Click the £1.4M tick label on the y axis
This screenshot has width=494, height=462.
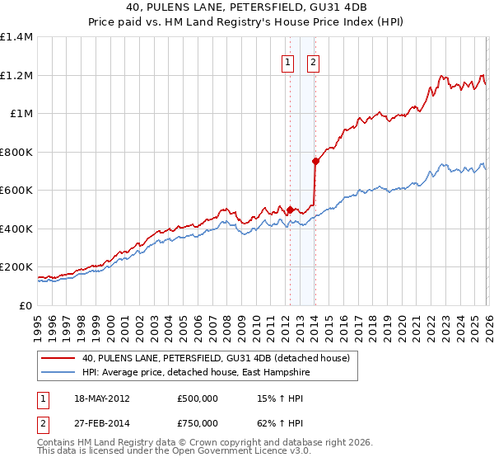(16, 37)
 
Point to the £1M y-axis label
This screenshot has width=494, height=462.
(21, 114)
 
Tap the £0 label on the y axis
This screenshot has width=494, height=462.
(26, 305)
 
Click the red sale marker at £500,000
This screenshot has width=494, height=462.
(290, 210)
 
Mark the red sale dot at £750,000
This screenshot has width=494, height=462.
(315, 162)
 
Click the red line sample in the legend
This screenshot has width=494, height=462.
(57, 358)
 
